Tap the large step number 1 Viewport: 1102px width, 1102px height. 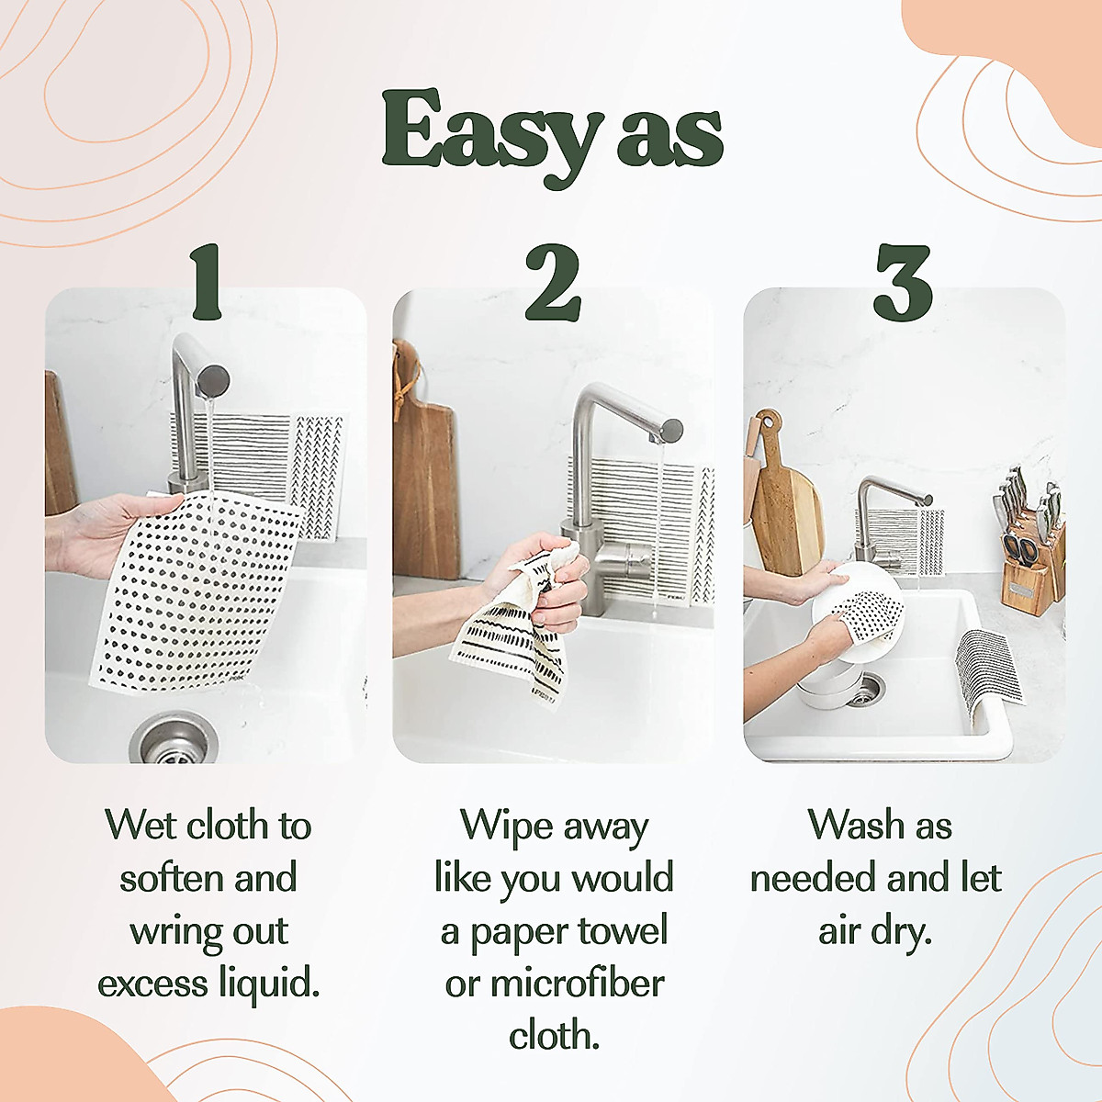tap(205, 281)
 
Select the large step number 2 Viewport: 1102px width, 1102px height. tap(552, 281)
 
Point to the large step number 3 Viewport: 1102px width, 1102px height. tap(902, 281)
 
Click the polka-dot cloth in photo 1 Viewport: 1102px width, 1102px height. tap(197, 588)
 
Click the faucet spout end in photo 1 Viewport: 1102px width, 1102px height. tap(213, 378)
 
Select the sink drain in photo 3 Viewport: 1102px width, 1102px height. tap(863, 689)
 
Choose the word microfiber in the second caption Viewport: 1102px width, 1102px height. tap(577, 984)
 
